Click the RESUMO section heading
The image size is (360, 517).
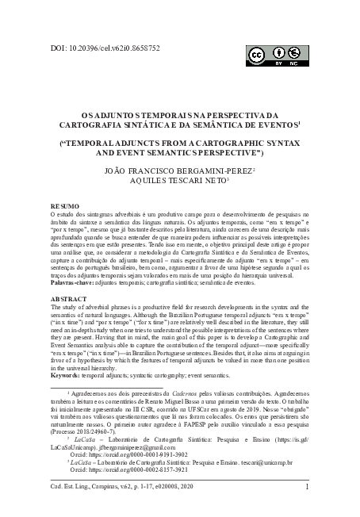[64, 205]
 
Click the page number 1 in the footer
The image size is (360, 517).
[306, 488]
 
